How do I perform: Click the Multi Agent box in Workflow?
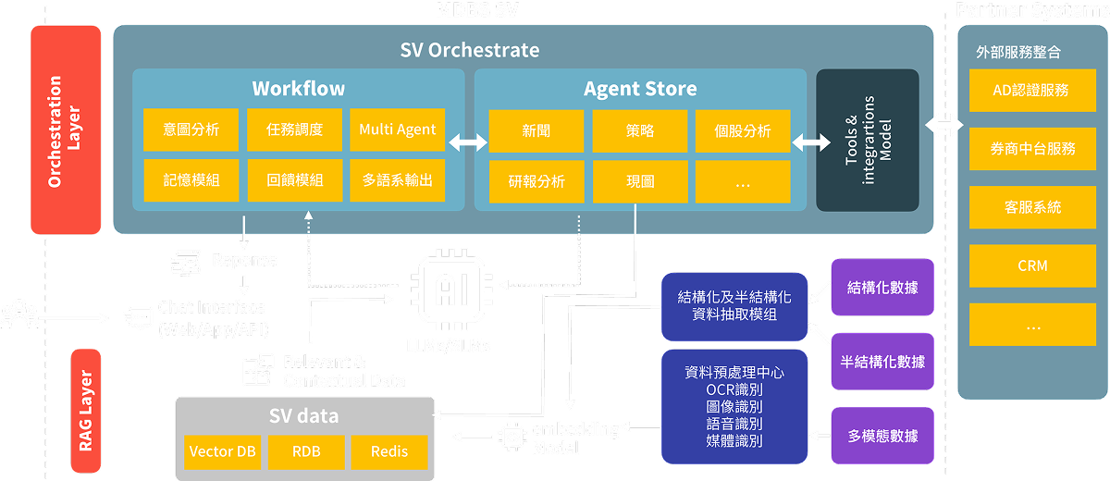pos(398,130)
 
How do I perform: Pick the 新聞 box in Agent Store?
pos(536,131)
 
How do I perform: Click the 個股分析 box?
pos(744,131)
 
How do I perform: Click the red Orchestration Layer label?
pos(66,129)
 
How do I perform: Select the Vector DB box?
pos(222,452)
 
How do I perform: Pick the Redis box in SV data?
pos(389,452)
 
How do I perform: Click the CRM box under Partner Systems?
pos(1031,265)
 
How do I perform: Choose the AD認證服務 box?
pos(1031,90)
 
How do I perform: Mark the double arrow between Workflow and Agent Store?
pos(469,142)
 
